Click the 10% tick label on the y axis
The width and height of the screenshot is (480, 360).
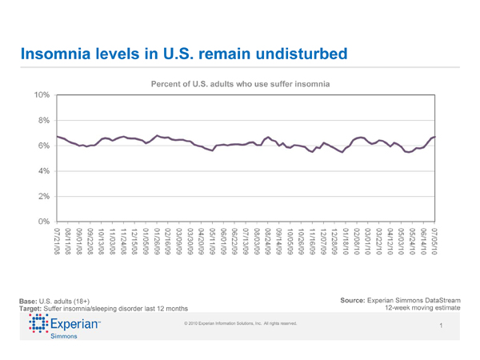[42, 94]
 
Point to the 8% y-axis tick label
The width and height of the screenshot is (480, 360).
[43, 120]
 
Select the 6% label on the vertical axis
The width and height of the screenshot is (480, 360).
[43, 146]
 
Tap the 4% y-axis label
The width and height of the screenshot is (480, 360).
[43, 170]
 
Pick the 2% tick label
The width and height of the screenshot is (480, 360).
[43, 196]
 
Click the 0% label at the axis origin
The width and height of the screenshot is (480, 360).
[43, 221]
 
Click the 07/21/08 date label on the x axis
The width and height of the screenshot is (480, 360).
[57, 242]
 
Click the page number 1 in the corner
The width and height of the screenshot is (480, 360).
[442, 325]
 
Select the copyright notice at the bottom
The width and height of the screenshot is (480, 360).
[240, 323]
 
